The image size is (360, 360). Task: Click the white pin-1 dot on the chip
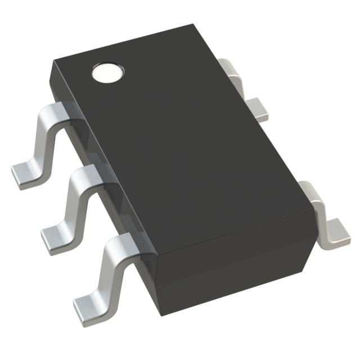click(107, 73)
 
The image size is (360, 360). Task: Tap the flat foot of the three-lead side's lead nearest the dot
click(25, 175)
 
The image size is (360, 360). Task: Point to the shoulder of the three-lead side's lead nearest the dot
click(58, 110)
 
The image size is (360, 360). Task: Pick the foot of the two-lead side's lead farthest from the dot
click(335, 231)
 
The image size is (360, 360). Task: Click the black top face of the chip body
click(186, 141)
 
